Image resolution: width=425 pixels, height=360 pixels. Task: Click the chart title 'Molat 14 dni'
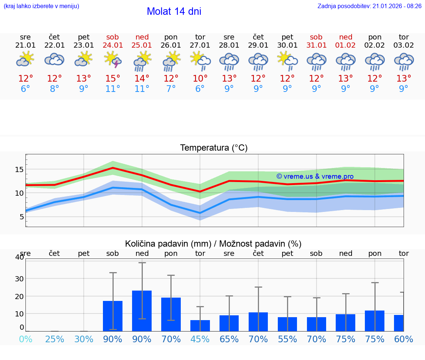(x=174, y=11)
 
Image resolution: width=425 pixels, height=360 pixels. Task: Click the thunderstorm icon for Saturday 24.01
(x=113, y=60)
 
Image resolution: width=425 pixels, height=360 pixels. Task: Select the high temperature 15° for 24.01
(x=113, y=79)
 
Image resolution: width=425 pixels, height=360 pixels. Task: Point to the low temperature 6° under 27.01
(x=200, y=89)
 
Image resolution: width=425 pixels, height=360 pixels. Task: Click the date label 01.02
(x=346, y=45)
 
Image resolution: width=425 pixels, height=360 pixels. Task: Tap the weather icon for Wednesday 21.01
(x=25, y=59)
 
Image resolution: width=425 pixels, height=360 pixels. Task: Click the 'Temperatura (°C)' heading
(x=214, y=148)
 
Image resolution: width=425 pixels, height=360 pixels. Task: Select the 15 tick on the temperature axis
(x=19, y=169)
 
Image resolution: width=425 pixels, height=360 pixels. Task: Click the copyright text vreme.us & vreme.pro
(x=315, y=176)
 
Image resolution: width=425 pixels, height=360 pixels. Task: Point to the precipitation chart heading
(x=213, y=244)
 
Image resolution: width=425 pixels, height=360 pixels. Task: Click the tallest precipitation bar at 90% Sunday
(x=142, y=311)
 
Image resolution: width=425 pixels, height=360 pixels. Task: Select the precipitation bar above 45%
(x=200, y=325)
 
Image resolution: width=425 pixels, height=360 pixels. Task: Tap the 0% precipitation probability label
(x=25, y=339)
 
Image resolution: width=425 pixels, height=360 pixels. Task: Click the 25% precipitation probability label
(x=55, y=339)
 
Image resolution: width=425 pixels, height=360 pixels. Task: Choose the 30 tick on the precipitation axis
(x=19, y=278)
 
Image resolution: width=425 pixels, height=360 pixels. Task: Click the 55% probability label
(x=287, y=339)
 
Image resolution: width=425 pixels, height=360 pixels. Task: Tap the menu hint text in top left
(x=41, y=6)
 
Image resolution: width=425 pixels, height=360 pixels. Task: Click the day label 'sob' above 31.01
(x=316, y=37)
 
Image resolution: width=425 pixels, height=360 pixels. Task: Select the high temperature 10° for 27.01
(x=200, y=79)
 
